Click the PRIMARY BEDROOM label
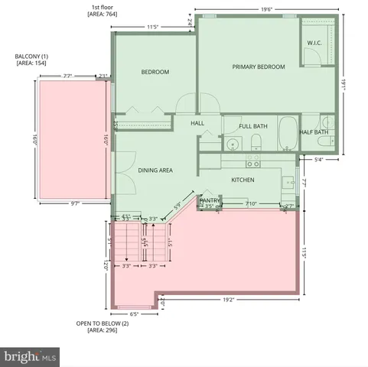click(x=259, y=67)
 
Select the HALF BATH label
click(x=314, y=132)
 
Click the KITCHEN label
click(x=243, y=180)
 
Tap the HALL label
click(x=197, y=123)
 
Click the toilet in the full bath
click(x=256, y=141)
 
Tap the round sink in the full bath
click(x=233, y=142)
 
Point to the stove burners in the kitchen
click(x=252, y=161)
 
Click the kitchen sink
click(x=288, y=183)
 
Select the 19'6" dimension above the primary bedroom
click(x=266, y=9)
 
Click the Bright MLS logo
click(x=31, y=356)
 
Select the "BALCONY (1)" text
click(x=31, y=57)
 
